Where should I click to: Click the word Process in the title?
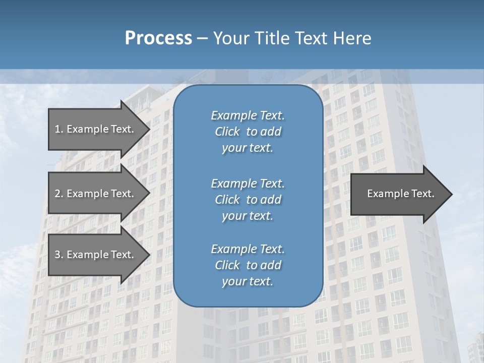(158, 38)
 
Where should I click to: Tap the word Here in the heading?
(352, 38)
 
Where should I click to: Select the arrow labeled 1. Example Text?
(94, 129)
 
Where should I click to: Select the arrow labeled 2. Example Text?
(94, 194)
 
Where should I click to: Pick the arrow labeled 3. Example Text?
(94, 255)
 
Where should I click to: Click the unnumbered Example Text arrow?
(400, 194)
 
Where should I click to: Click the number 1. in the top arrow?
(59, 129)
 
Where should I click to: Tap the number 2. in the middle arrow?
(59, 194)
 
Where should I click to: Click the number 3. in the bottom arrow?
(59, 255)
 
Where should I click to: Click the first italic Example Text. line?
(248, 115)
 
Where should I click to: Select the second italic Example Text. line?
(248, 183)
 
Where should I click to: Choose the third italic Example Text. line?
(248, 249)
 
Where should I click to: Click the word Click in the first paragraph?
(227, 132)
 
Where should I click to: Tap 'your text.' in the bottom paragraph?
(248, 281)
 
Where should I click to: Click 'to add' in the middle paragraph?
(263, 200)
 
